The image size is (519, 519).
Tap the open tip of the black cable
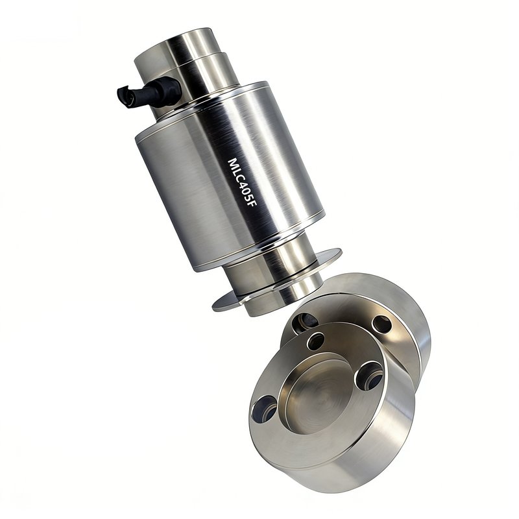click(x=126, y=95)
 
